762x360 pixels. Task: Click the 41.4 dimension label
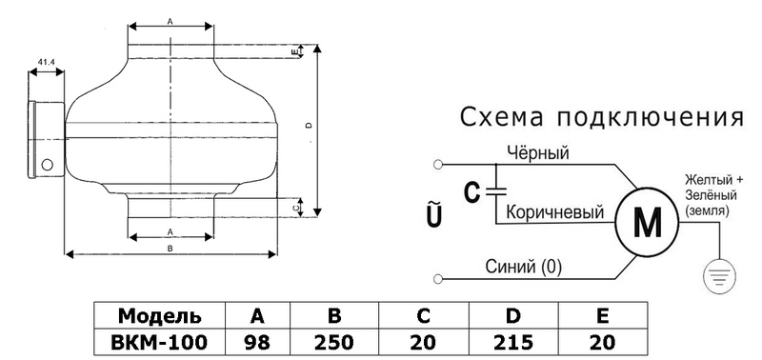coord(46,62)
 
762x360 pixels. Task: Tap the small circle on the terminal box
coord(47,165)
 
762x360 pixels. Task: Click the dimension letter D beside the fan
coord(309,126)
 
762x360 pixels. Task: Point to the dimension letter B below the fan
coord(170,248)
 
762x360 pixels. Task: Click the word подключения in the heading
coord(651,117)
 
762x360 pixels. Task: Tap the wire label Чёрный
coord(538,153)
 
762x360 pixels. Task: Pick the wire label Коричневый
coord(555,212)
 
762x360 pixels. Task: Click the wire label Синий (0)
coord(523,267)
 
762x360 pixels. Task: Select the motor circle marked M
coord(648,223)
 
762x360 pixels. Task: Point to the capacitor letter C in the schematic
coord(471,193)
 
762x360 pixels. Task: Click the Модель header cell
coord(160,316)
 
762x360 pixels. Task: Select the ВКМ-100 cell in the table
coord(160,343)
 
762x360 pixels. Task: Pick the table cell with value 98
coord(257,343)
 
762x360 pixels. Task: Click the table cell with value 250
coord(334,343)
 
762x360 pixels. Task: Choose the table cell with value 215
coord(513,343)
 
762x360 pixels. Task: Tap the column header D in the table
coord(513,316)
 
